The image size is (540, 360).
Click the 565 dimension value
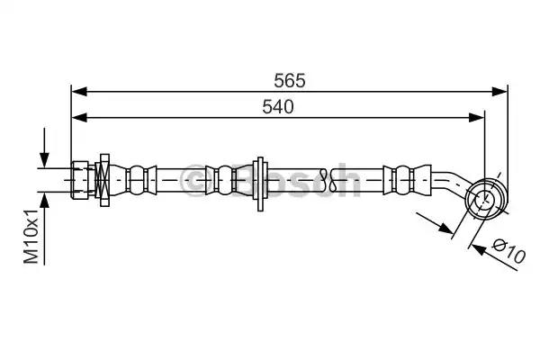[x=290, y=81]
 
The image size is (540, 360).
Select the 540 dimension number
[x=278, y=107]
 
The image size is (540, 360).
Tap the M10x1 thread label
[x=31, y=237]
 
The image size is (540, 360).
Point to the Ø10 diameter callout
[x=508, y=250]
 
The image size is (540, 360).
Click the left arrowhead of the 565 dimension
[x=79, y=92]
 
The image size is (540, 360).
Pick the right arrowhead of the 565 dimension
[x=499, y=92]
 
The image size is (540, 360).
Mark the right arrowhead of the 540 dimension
[x=477, y=118]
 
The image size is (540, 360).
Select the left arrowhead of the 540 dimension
[x=79, y=118]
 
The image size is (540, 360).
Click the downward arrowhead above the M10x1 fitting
[x=44, y=160]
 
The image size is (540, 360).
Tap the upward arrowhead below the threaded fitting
[x=44, y=200]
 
